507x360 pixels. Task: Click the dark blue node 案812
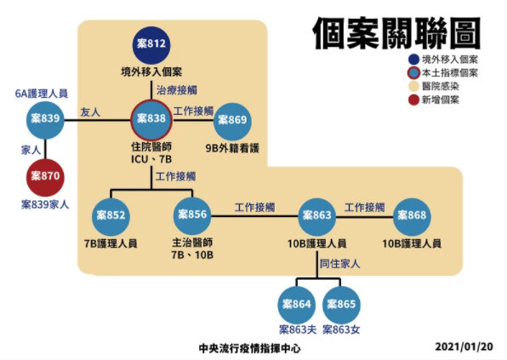tap(151, 44)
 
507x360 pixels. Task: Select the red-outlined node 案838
tap(151, 120)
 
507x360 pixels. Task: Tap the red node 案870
tap(45, 177)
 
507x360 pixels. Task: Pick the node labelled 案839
tap(45, 120)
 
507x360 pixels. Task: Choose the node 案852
tap(111, 216)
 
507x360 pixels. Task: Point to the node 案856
tap(192, 215)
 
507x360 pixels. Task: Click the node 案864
tap(297, 305)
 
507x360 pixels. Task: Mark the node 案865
tap(341, 305)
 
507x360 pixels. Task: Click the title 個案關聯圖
tap(396, 33)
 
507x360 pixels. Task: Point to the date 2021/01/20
tap(464, 346)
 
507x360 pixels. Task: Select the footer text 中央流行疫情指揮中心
tap(249, 348)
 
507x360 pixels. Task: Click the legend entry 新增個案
tap(434, 100)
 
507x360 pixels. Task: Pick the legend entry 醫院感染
tap(434, 86)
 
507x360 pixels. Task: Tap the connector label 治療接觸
tap(177, 90)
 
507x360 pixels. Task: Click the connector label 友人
tap(90, 112)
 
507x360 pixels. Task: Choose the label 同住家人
tap(339, 264)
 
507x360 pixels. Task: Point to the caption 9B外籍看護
tap(232, 148)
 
